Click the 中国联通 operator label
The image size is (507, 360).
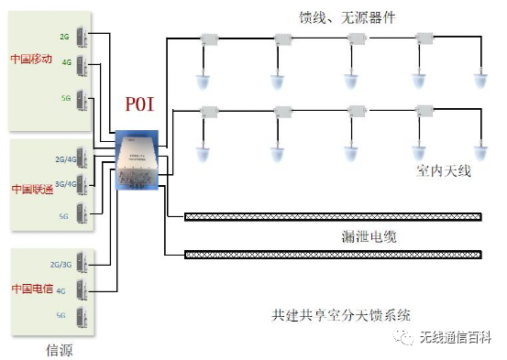click(x=32, y=188)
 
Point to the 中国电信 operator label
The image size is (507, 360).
click(x=31, y=288)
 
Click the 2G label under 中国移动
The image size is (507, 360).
click(x=64, y=37)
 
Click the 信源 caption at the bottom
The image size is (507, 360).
click(x=60, y=348)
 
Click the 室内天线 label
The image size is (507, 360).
click(x=443, y=170)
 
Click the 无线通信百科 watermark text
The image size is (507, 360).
click(x=457, y=339)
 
